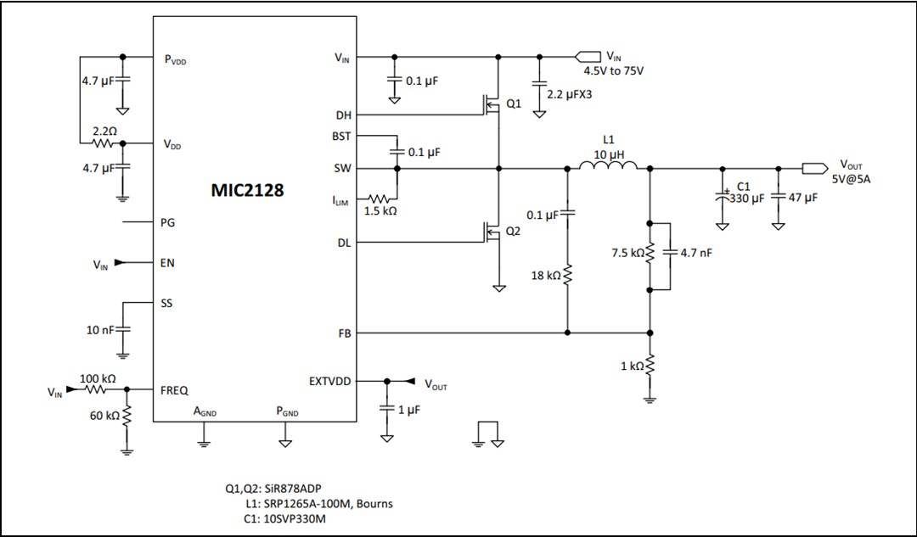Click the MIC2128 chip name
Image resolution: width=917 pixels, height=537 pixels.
[247, 190]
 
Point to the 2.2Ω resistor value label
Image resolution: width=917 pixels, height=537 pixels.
[104, 132]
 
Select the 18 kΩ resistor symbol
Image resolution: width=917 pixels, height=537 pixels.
[568, 276]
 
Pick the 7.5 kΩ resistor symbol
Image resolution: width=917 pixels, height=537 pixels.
[650, 254]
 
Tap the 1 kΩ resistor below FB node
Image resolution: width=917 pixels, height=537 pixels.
[650, 366]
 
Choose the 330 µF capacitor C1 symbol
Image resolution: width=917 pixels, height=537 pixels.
[722, 196]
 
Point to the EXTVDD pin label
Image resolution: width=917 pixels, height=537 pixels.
[331, 382]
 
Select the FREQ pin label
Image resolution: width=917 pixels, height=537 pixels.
[174, 391]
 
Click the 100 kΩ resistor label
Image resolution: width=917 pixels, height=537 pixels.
[97, 378]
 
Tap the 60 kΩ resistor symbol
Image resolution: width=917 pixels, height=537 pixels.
[127, 416]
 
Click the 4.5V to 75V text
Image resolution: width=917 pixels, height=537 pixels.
[614, 71]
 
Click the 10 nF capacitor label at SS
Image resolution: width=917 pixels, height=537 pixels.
[99, 330]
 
